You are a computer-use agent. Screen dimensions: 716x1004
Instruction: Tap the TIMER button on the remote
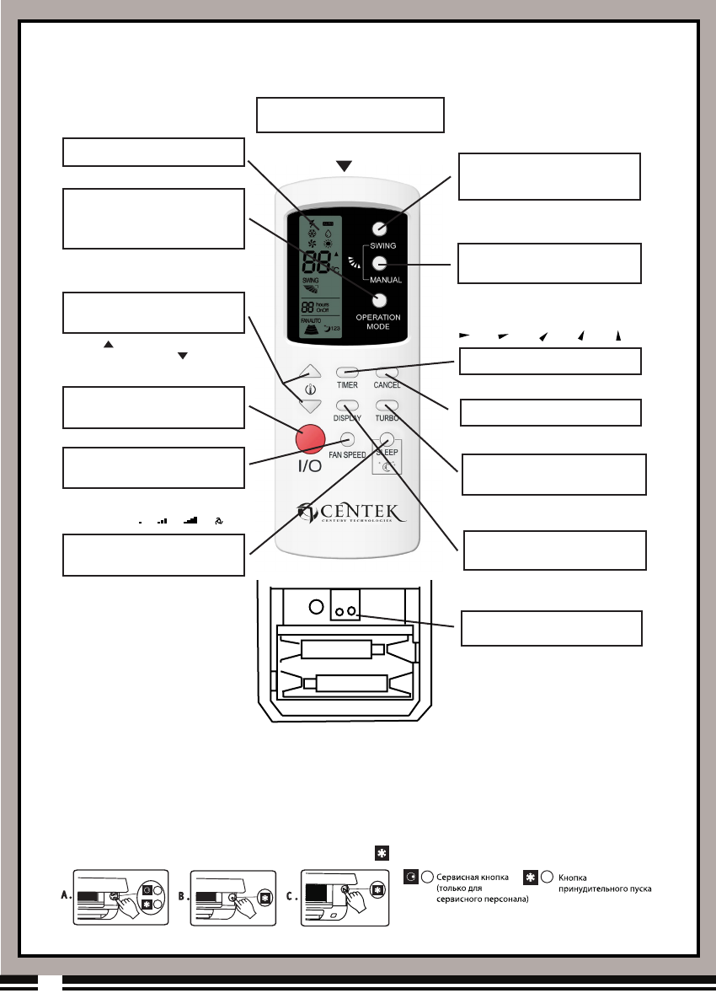(347, 372)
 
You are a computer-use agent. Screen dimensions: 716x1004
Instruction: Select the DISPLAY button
(347, 405)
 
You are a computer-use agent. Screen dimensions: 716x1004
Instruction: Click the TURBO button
(387, 405)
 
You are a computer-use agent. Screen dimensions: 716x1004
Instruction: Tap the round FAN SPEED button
(347, 439)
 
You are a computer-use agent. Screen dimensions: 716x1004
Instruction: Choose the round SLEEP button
(387, 438)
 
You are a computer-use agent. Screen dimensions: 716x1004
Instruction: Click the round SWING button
(379, 228)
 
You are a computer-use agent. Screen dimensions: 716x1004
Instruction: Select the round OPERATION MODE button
(379, 300)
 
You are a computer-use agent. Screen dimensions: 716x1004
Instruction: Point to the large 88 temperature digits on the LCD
(317, 261)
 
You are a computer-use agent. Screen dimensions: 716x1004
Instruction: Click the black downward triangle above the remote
(344, 166)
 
